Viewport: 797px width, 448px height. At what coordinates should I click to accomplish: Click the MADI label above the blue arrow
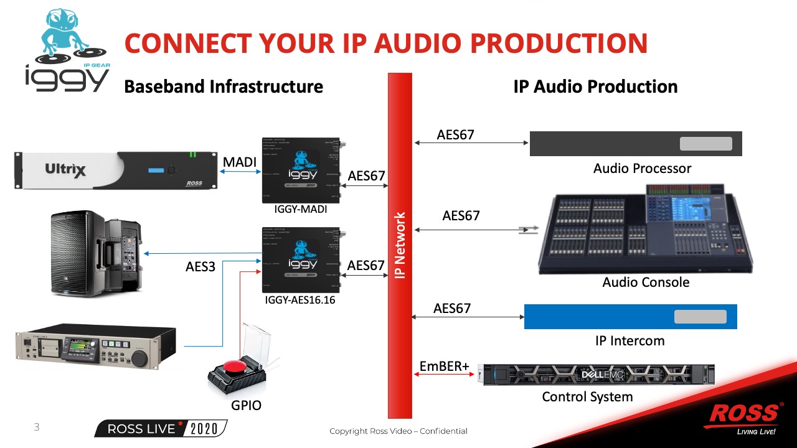click(240, 162)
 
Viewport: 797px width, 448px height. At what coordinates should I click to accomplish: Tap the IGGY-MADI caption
click(301, 210)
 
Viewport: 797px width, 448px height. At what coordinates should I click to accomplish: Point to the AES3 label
click(200, 267)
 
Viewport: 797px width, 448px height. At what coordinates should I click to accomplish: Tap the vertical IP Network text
click(400, 246)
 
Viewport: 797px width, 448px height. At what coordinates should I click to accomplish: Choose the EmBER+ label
click(444, 366)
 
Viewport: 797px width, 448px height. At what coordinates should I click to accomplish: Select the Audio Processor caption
click(642, 168)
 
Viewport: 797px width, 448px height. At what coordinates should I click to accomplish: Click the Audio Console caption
click(646, 282)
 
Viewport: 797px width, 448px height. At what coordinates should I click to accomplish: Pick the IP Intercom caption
click(630, 340)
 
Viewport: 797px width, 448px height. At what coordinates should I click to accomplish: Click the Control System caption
click(587, 396)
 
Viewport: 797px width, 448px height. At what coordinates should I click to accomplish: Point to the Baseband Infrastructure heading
click(224, 86)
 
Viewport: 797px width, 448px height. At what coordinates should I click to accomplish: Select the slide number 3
click(37, 427)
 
